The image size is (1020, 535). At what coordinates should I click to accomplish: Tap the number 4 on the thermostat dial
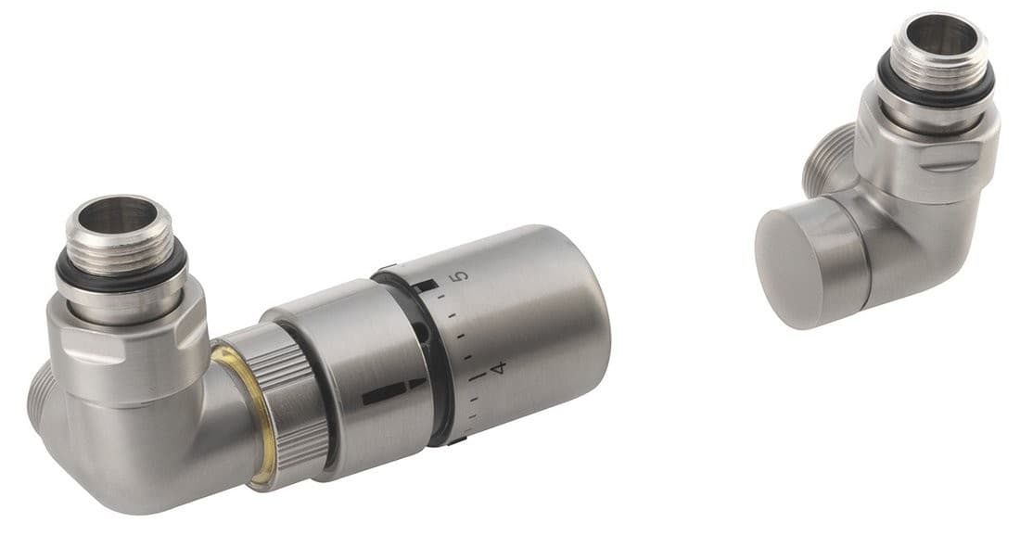click(x=500, y=368)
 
